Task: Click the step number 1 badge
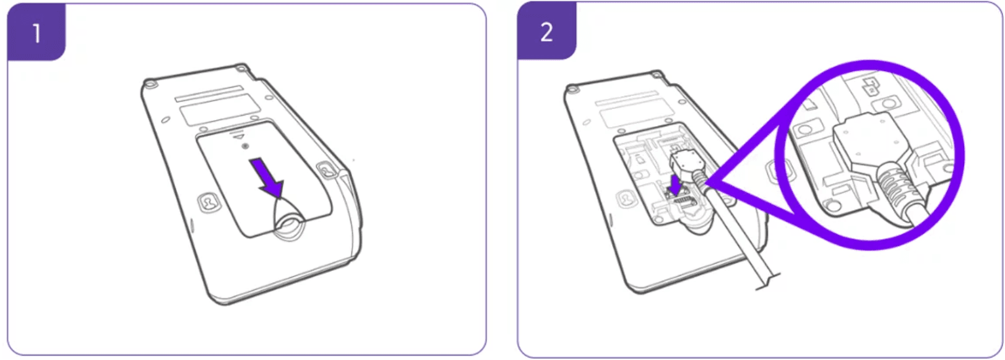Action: [37, 32]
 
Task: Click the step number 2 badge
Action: [546, 32]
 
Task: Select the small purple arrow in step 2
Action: [675, 186]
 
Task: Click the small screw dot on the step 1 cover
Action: [245, 146]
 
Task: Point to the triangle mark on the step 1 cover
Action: [241, 137]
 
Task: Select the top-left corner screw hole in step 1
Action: [150, 84]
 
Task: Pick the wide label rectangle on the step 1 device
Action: [220, 109]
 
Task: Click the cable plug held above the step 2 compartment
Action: [686, 164]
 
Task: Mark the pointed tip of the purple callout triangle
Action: [705, 182]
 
